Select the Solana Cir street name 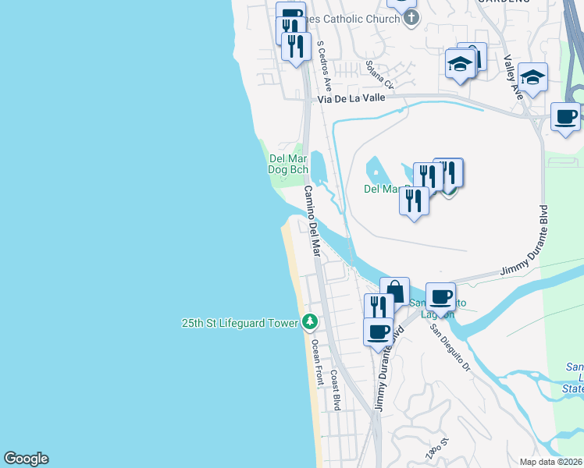(x=381, y=76)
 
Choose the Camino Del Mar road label (x=312, y=222)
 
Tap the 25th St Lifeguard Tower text (x=240, y=322)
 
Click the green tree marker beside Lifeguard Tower (x=310, y=321)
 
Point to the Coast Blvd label (x=336, y=390)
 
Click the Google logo (x=26, y=459)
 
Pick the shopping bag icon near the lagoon (x=395, y=291)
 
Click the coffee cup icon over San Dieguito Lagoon (x=440, y=296)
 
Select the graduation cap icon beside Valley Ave (x=532, y=76)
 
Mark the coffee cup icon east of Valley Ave (x=566, y=116)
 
